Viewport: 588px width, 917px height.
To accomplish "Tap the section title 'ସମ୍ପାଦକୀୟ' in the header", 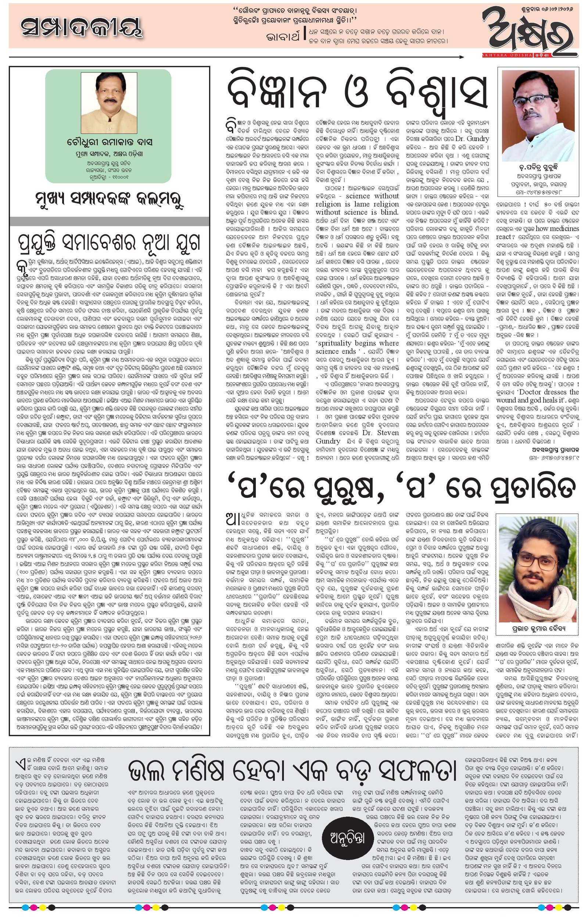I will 82,29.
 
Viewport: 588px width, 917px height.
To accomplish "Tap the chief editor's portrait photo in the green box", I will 109,103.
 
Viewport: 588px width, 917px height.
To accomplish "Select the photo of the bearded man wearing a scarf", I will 538,568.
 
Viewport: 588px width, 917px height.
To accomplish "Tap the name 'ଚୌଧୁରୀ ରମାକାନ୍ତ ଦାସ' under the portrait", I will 109,142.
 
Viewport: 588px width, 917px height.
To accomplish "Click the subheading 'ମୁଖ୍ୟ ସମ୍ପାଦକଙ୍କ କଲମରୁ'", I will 109,199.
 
